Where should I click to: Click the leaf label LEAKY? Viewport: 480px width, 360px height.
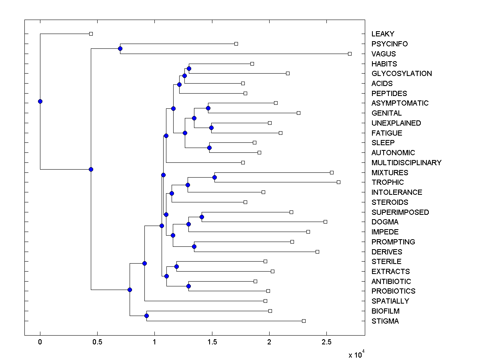(x=383, y=34)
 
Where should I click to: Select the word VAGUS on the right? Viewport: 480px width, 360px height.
(x=384, y=54)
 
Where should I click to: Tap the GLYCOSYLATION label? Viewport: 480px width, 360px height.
(x=402, y=74)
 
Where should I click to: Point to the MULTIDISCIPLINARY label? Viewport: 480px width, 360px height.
(x=406, y=162)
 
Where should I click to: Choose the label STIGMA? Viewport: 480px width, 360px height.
(x=385, y=321)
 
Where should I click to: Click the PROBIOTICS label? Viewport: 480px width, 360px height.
(x=393, y=291)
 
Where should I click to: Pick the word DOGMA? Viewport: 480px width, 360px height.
(x=385, y=222)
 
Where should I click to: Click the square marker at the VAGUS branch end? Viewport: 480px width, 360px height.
(x=350, y=54)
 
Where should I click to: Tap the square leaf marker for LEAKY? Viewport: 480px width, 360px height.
(x=91, y=34)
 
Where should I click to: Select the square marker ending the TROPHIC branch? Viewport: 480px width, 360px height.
(x=338, y=182)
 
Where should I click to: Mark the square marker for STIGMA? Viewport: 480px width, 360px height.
(x=304, y=321)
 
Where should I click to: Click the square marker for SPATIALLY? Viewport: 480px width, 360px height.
(x=265, y=301)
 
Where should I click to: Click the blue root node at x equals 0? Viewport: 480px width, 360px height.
(x=40, y=101)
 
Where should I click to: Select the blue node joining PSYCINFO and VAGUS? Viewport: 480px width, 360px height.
(x=120, y=48)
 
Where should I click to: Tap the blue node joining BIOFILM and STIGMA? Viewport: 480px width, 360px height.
(x=146, y=316)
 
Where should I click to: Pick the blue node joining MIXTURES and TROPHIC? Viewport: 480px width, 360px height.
(x=214, y=177)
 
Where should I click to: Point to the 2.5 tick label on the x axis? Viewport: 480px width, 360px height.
(x=326, y=342)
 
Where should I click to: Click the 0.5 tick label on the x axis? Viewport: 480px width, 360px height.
(x=97, y=342)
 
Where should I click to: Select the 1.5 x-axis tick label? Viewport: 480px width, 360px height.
(x=212, y=342)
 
